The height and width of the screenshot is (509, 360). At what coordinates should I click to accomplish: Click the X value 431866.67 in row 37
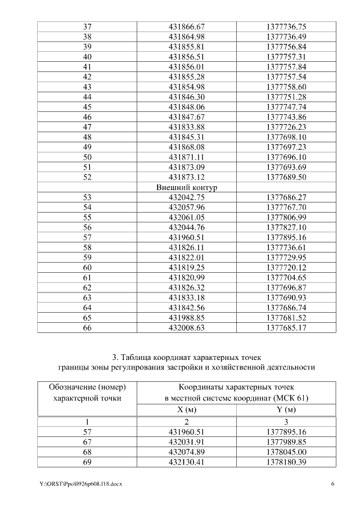pyautogui.click(x=187, y=26)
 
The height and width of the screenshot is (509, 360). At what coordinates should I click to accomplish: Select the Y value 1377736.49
pyautogui.click(x=286, y=37)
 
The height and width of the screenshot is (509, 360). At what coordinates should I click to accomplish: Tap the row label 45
pyautogui.click(x=87, y=107)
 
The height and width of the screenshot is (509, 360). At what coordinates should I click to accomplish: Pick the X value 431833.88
pyautogui.click(x=187, y=127)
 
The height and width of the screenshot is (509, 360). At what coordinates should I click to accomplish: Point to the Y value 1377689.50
pyautogui.click(x=286, y=178)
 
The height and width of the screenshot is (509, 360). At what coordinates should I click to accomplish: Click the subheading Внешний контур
pyautogui.click(x=187, y=187)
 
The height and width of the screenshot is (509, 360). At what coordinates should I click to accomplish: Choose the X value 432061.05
pyautogui.click(x=187, y=218)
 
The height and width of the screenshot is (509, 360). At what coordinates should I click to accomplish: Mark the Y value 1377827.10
pyautogui.click(x=286, y=228)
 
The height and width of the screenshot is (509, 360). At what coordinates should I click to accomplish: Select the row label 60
pyautogui.click(x=87, y=268)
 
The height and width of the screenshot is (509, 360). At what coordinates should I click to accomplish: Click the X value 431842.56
pyautogui.click(x=187, y=308)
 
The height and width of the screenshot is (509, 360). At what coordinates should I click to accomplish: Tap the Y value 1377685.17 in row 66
pyautogui.click(x=286, y=328)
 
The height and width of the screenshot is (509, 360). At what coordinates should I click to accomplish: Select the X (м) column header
pyautogui.click(x=187, y=409)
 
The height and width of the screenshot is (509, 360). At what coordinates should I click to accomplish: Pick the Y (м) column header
pyautogui.click(x=286, y=409)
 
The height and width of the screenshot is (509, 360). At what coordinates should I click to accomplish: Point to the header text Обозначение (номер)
pyautogui.click(x=87, y=388)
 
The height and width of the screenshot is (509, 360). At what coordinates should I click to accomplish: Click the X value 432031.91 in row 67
pyautogui.click(x=187, y=441)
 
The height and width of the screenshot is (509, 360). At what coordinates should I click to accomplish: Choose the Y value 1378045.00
pyautogui.click(x=286, y=451)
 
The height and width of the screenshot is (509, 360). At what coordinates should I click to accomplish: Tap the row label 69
pyautogui.click(x=87, y=461)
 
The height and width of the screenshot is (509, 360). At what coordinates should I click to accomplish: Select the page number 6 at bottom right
pyautogui.click(x=332, y=484)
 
